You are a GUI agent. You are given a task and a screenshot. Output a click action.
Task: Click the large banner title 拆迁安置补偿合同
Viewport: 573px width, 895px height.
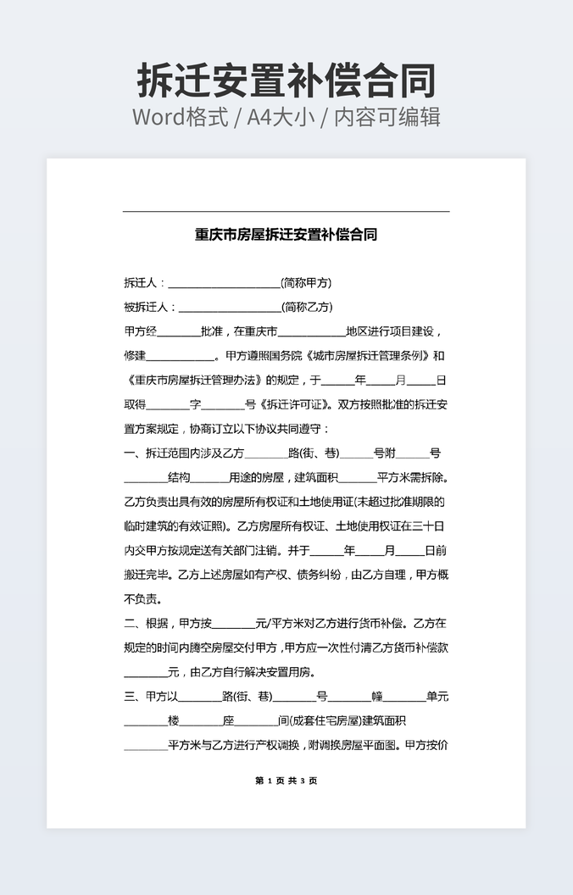[286, 81]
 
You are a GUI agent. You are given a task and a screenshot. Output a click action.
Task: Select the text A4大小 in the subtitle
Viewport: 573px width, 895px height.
[281, 117]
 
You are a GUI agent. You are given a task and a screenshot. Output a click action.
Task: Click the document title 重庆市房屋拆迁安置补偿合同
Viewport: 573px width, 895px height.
[286, 235]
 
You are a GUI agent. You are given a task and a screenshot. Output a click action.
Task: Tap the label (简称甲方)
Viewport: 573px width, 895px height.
[306, 283]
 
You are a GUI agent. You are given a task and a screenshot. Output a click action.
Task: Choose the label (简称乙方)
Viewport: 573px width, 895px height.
[307, 307]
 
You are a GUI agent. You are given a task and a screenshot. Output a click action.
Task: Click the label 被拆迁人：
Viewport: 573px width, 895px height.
[150, 307]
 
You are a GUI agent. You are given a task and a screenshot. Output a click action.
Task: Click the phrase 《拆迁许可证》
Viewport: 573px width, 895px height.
[294, 405]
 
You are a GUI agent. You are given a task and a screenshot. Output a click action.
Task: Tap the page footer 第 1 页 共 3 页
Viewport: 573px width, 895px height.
[286, 781]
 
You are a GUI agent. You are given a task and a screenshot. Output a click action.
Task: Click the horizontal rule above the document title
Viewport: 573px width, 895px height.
[286, 211]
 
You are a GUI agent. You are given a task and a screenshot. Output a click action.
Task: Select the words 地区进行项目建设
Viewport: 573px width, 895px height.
[390, 331]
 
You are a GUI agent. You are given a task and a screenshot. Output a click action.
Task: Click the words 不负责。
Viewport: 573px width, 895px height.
[142, 599]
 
